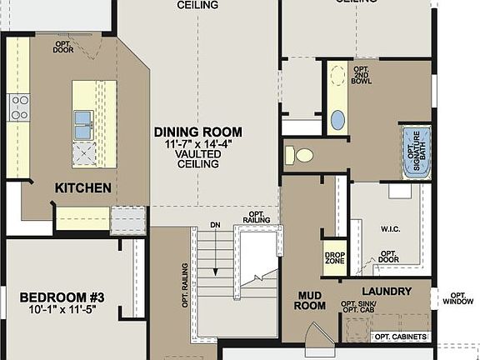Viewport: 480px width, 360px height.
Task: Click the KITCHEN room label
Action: coord(82,188)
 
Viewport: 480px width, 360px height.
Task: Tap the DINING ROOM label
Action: coord(197,132)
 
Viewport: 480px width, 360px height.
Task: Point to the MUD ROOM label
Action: coord(311,301)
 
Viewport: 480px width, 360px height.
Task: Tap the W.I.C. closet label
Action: coord(391,227)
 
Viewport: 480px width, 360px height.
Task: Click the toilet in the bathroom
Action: coord(302,155)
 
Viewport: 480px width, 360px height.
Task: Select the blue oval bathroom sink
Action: coord(337,120)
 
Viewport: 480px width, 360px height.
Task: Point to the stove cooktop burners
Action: coord(18,107)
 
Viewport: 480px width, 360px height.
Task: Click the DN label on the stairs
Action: coord(215,225)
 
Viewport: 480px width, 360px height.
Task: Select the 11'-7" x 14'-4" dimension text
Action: coord(197,144)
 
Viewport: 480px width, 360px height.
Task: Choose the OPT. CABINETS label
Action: coord(401,337)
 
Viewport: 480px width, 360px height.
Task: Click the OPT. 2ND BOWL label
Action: coord(361,76)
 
